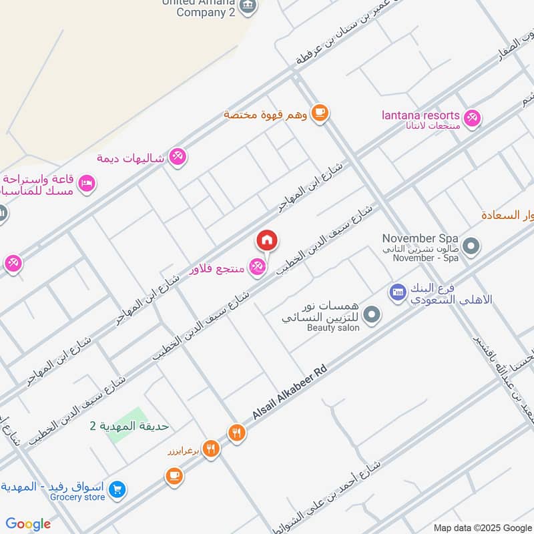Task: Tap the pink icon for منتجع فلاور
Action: [257, 268]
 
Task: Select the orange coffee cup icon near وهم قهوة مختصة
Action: [320, 112]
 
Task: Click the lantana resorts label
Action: [421, 115]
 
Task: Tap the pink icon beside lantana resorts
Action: [473, 118]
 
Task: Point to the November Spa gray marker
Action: [471, 247]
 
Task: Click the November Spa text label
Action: [420, 238]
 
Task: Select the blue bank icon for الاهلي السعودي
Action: [398, 292]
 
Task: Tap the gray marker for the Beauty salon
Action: [372, 314]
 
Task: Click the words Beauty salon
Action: [333, 328]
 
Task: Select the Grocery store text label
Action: [77, 497]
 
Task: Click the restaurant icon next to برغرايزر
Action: [212, 449]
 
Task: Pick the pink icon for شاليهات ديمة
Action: [178, 158]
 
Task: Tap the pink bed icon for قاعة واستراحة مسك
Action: [87, 183]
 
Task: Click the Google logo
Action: [28, 524]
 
